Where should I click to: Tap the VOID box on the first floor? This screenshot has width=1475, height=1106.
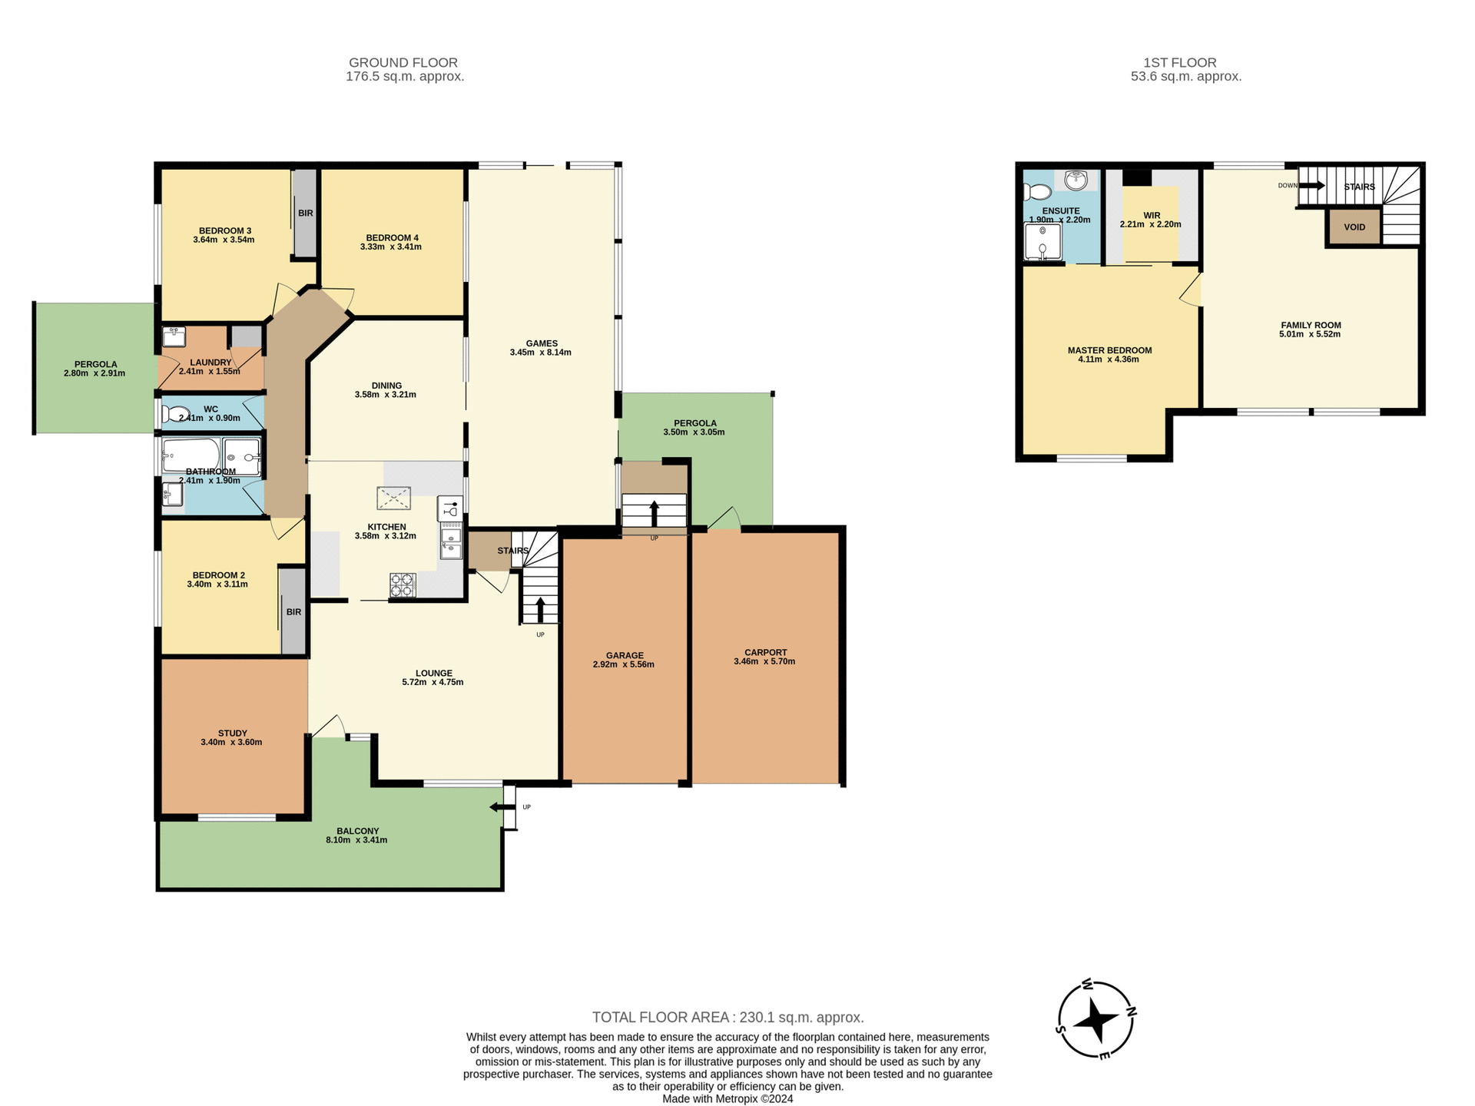1354,227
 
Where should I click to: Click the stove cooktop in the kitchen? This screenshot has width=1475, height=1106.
402,584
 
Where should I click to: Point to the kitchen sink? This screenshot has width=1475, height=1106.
450,541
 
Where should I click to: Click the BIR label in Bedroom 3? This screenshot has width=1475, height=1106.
306,213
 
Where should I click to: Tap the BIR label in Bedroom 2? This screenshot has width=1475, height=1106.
293,612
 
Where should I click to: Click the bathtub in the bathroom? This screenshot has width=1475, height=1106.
191,456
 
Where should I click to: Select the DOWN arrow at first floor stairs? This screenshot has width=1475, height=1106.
1312,185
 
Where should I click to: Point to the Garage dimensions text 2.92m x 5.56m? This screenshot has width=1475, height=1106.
624,664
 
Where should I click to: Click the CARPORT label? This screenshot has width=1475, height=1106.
765,652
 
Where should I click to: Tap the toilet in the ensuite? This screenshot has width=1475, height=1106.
1037,191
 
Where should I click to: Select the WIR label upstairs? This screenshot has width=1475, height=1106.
1151,216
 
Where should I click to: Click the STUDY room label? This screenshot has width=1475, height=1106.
232,733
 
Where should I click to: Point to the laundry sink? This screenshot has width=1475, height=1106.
174,336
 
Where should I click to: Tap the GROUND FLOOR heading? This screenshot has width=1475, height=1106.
403,62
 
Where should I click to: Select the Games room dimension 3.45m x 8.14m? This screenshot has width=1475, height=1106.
540,353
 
